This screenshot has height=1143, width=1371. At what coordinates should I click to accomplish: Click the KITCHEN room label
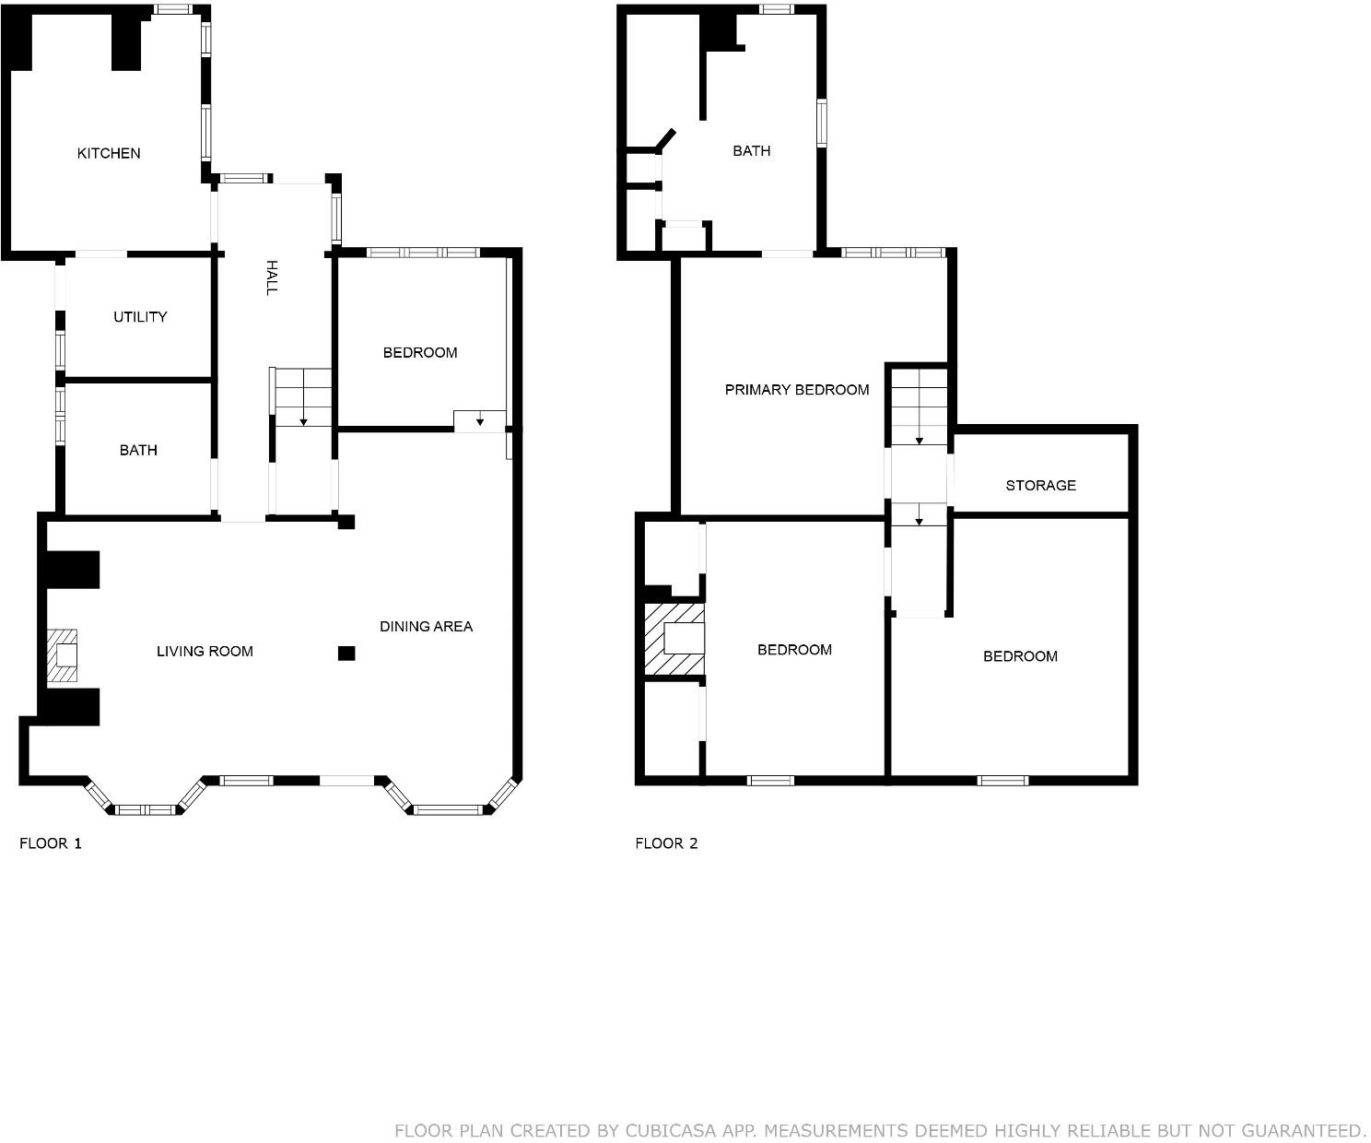pos(109,153)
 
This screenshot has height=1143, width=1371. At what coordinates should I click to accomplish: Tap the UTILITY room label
pos(140,317)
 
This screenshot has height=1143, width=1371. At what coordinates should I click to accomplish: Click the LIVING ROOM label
pos(205,652)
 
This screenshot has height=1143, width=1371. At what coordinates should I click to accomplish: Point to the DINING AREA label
pos(426,627)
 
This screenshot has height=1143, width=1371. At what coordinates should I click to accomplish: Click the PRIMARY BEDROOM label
pos(797,390)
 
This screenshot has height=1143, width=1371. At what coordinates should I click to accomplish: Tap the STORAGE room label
pos(1040,486)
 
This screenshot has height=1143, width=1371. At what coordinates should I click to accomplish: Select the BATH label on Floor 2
pos(751,151)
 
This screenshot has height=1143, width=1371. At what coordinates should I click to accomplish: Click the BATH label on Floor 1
pos(138,451)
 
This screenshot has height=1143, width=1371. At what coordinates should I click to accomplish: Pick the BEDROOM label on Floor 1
pos(420,353)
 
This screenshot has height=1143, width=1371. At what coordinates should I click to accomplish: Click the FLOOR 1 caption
pos(51,843)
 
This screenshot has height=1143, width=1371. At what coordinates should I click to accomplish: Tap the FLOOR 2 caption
pos(666,843)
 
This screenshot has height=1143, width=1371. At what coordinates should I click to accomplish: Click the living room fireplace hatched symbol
pos(64,655)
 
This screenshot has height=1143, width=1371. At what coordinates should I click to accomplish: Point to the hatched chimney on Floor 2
pos(674,639)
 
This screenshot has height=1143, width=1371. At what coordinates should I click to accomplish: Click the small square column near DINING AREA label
pos(346,654)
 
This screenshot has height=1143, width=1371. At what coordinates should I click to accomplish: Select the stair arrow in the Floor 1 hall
pos(303,420)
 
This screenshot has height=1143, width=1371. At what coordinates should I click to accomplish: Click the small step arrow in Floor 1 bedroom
pos(480,421)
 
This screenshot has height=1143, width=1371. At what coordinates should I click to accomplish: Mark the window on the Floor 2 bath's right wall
pos(821,123)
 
